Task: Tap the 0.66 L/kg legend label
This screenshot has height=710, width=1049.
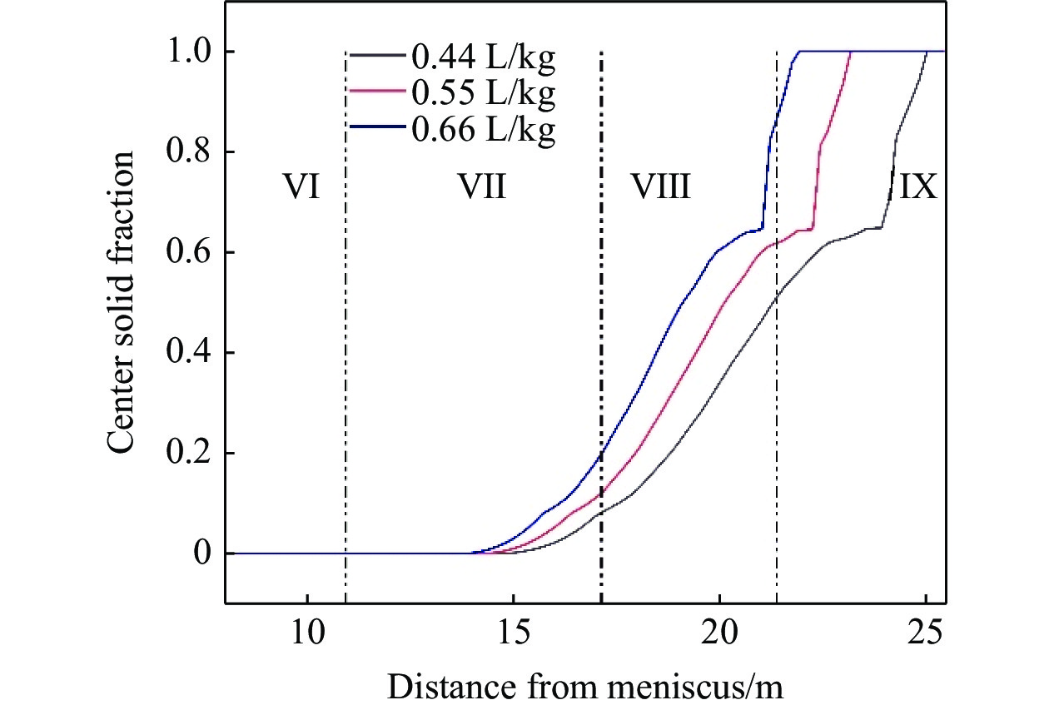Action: pyautogui.click(x=482, y=132)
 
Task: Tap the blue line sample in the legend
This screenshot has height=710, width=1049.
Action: pyautogui.click(x=378, y=132)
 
